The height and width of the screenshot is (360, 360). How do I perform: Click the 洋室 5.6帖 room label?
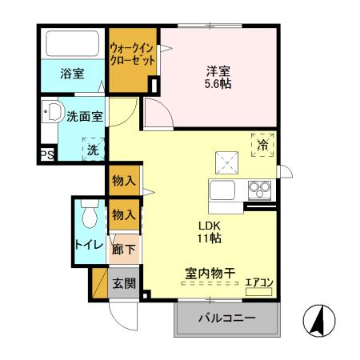point(217,75)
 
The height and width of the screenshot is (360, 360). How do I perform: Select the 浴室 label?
point(72,74)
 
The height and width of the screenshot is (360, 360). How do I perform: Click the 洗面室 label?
point(84,115)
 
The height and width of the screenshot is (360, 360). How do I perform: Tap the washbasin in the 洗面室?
point(53,112)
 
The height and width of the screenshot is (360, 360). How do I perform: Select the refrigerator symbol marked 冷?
point(263,144)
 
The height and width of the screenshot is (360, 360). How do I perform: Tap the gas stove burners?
point(259,190)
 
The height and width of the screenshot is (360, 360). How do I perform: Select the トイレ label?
point(88,245)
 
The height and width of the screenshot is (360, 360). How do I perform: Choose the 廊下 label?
point(123,249)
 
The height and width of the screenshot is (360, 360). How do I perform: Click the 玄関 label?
point(123,282)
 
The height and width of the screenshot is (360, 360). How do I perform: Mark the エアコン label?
point(258,282)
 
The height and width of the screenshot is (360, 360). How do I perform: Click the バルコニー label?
point(227,319)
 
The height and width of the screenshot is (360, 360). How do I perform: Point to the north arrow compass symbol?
point(318,322)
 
